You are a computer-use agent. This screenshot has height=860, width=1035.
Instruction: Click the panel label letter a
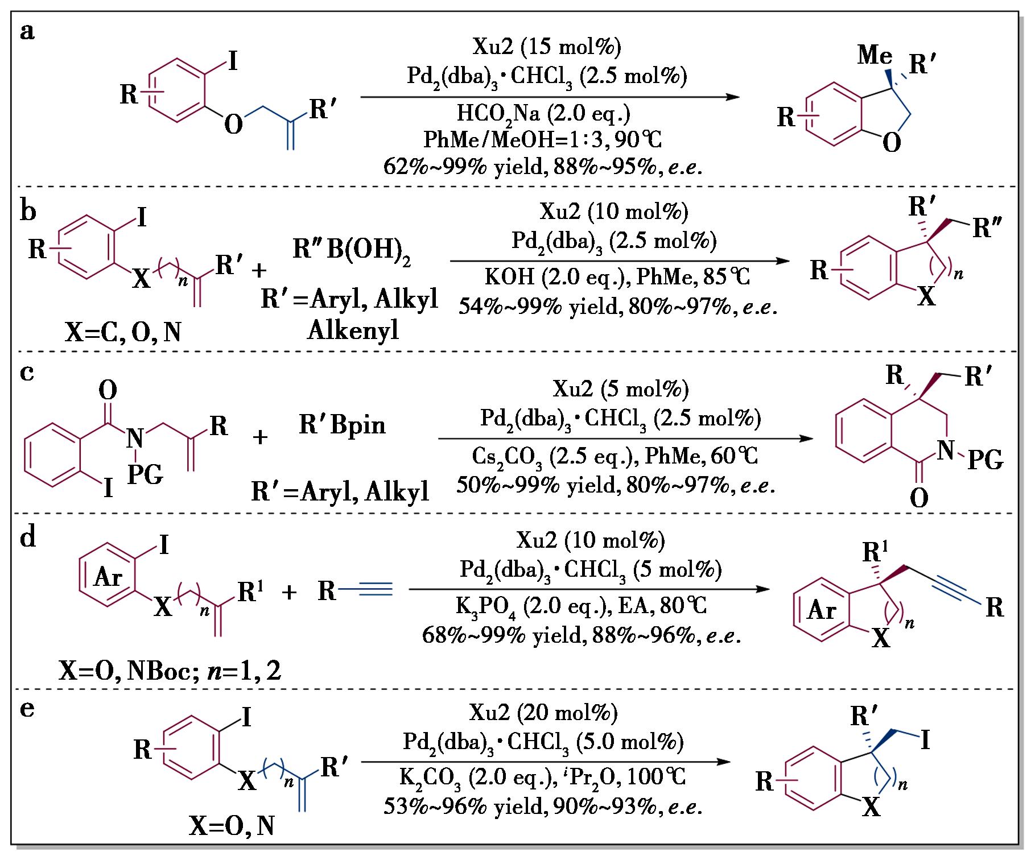(x=27, y=32)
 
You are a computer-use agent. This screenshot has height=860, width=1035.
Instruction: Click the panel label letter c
(x=27, y=373)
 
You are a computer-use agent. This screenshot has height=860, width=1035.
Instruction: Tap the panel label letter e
(x=27, y=709)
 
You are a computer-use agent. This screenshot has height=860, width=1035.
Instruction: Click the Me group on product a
(x=875, y=56)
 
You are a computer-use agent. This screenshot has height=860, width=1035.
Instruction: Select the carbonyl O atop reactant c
(x=108, y=391)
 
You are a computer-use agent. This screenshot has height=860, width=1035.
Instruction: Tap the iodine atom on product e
(x=925, y=740)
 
